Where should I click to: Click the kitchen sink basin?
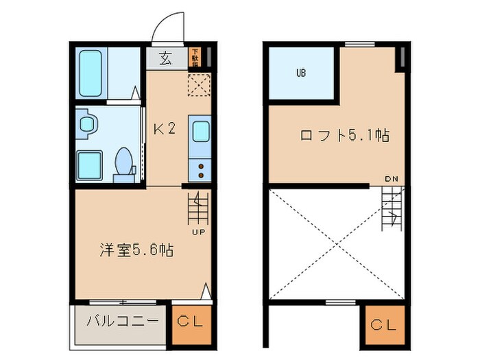point(200,130)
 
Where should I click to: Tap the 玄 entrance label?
point(166,58)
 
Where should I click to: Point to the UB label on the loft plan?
point(300,73)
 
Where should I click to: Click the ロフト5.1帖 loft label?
point(344,135)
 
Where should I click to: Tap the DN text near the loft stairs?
point(391,180)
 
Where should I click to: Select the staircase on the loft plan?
point(392,209)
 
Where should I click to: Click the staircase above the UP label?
point(197,207)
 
